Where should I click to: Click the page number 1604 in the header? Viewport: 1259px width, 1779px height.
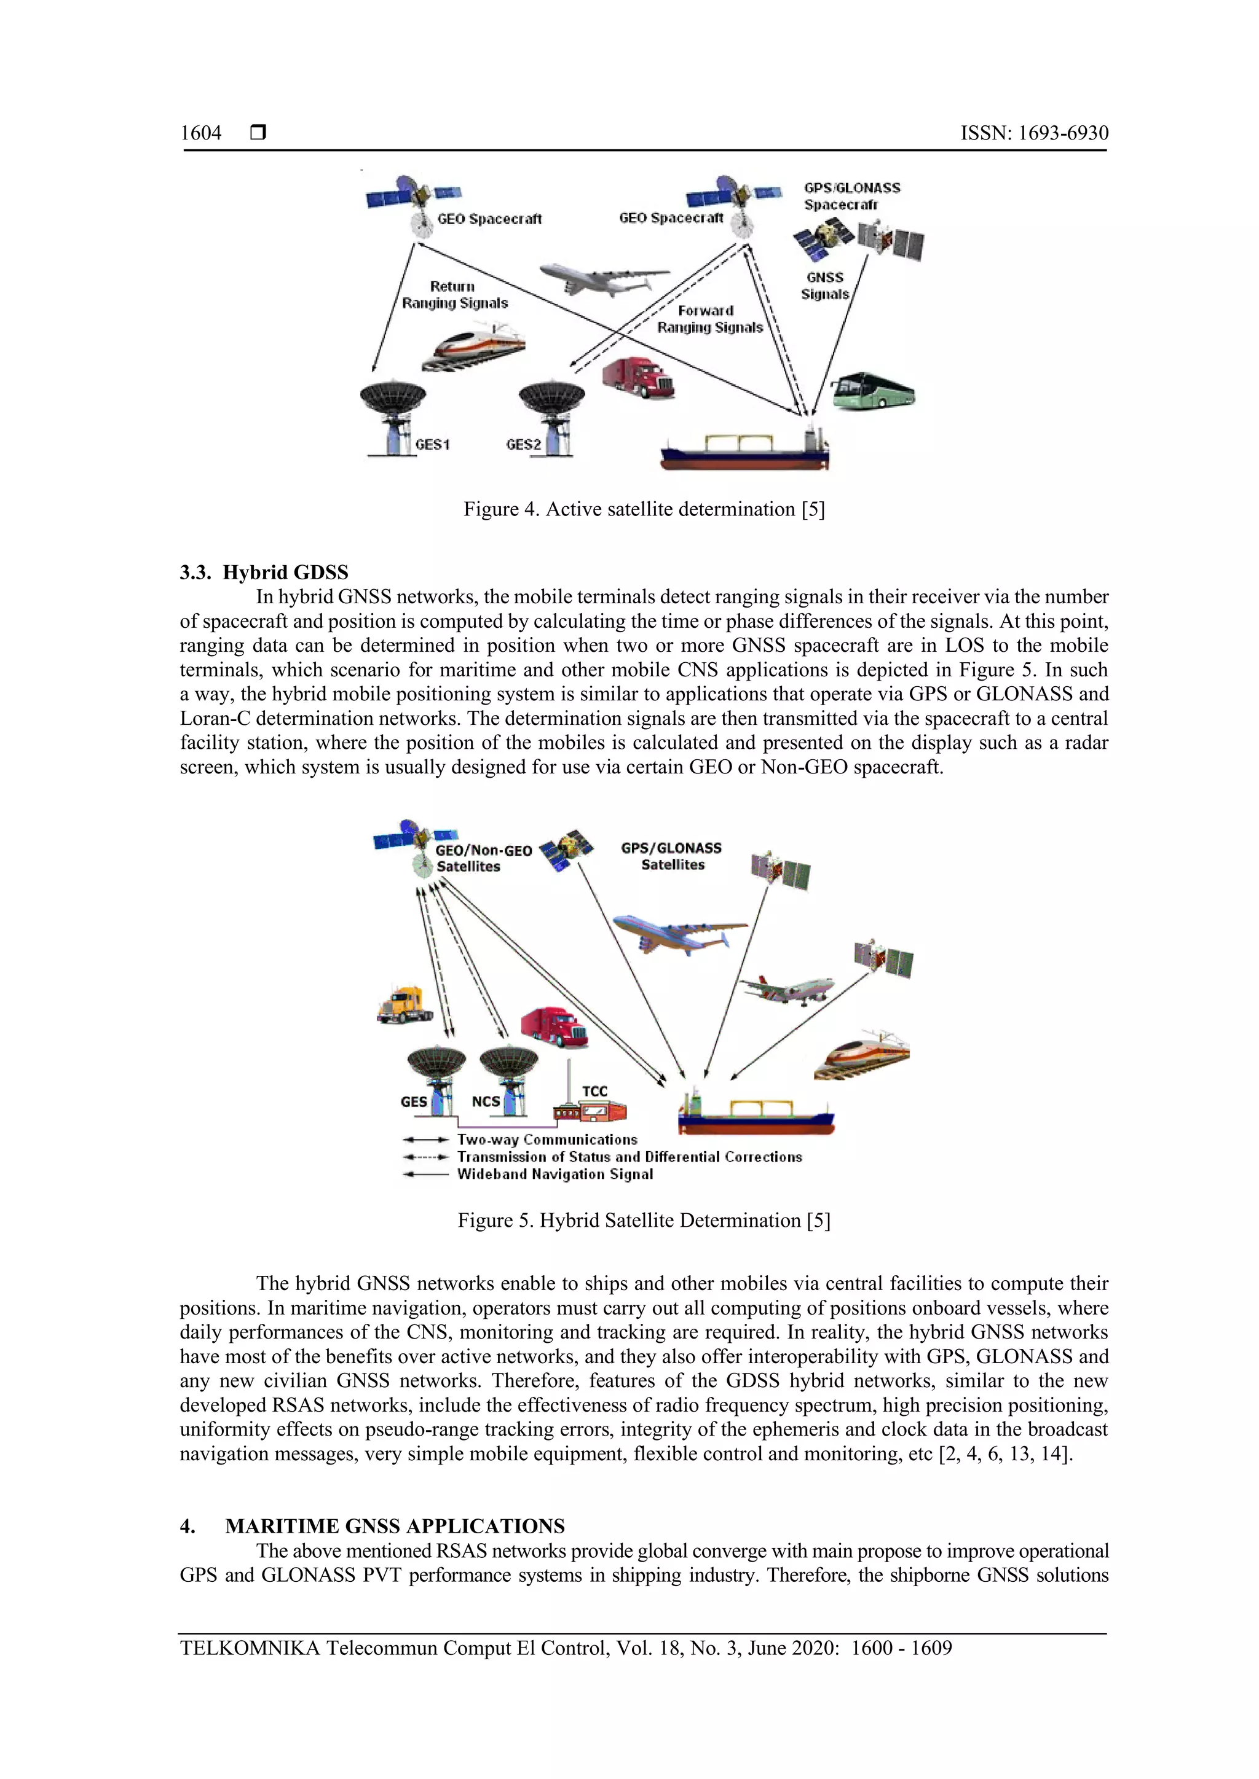point(201,133)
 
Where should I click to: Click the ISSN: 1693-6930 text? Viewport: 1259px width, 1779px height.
point(1034,133)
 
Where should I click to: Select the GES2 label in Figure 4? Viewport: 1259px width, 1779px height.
point(523,444)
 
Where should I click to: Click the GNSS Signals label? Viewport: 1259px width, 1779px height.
point(825,285)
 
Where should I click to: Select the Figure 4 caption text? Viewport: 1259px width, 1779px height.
point(644,509)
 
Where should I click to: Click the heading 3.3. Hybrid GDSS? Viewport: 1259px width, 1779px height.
point(264,572)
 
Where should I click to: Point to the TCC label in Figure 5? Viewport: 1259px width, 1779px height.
point(594,1091)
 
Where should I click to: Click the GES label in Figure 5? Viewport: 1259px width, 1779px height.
point(413,1101)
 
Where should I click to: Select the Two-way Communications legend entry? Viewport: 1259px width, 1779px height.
point(547,1140)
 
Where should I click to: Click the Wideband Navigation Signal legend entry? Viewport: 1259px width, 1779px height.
point(555,1175)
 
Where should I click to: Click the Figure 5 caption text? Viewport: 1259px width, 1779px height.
point(644,1221)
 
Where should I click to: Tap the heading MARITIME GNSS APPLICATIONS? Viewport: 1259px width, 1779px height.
point(395,1527)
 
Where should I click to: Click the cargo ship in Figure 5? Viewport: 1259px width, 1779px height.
point(756,1114)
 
